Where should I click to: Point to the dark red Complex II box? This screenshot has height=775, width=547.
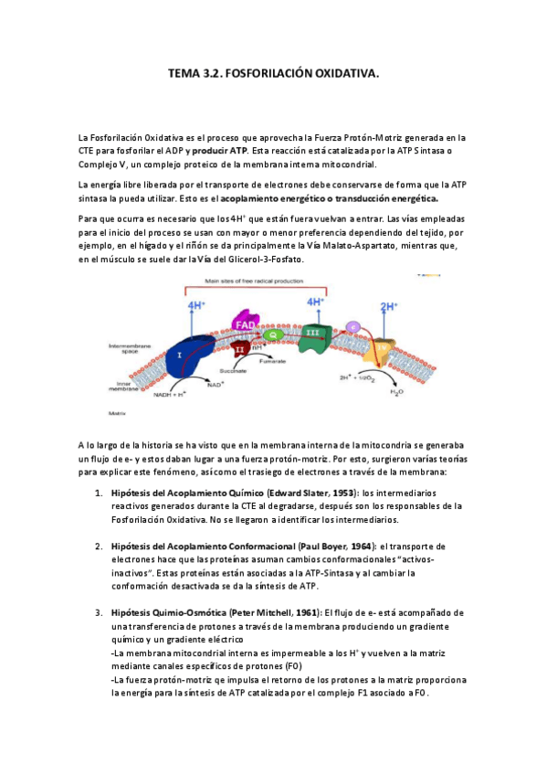pyautogui.click(x=240, y=349)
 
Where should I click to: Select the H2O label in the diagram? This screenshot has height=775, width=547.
pyautogui.click(x=396, y=391)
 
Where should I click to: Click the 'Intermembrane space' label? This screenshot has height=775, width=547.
pyautogui.click(x=126, y=348)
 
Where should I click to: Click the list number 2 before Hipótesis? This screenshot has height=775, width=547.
pyautogui.click(x=99, y=547)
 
